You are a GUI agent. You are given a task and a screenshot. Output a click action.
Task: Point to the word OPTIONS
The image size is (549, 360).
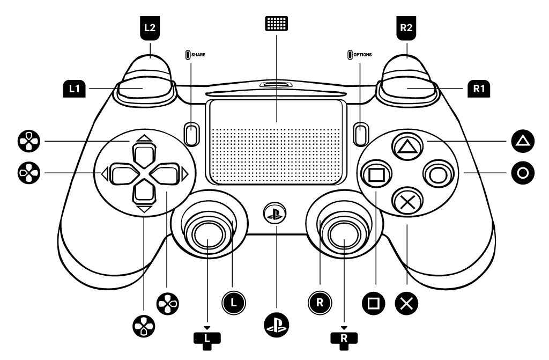coord(362,55)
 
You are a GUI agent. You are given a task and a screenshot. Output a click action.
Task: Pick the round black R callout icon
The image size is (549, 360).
coord(320,302)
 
